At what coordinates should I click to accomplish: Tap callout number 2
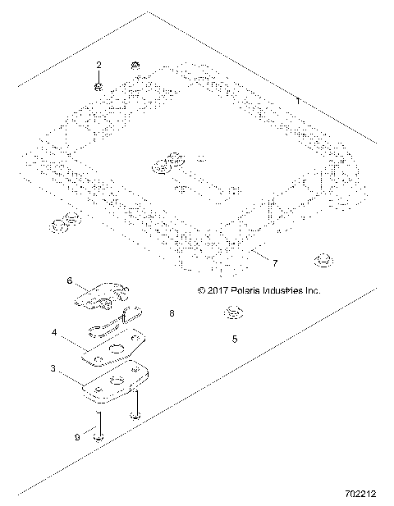point(98,65)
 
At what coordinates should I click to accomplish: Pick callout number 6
point(71,280)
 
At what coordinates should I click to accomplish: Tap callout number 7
point(274,262)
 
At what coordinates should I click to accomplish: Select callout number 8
point(172,313)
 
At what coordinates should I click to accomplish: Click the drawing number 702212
point(361,495)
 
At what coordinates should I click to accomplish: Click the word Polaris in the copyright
point(245,290)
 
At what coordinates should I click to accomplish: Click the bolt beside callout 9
point(98,426)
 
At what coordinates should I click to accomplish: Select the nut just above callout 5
point(234,312)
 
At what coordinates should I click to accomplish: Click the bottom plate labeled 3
point(117,383)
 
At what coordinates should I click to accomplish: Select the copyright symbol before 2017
point(202,290)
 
